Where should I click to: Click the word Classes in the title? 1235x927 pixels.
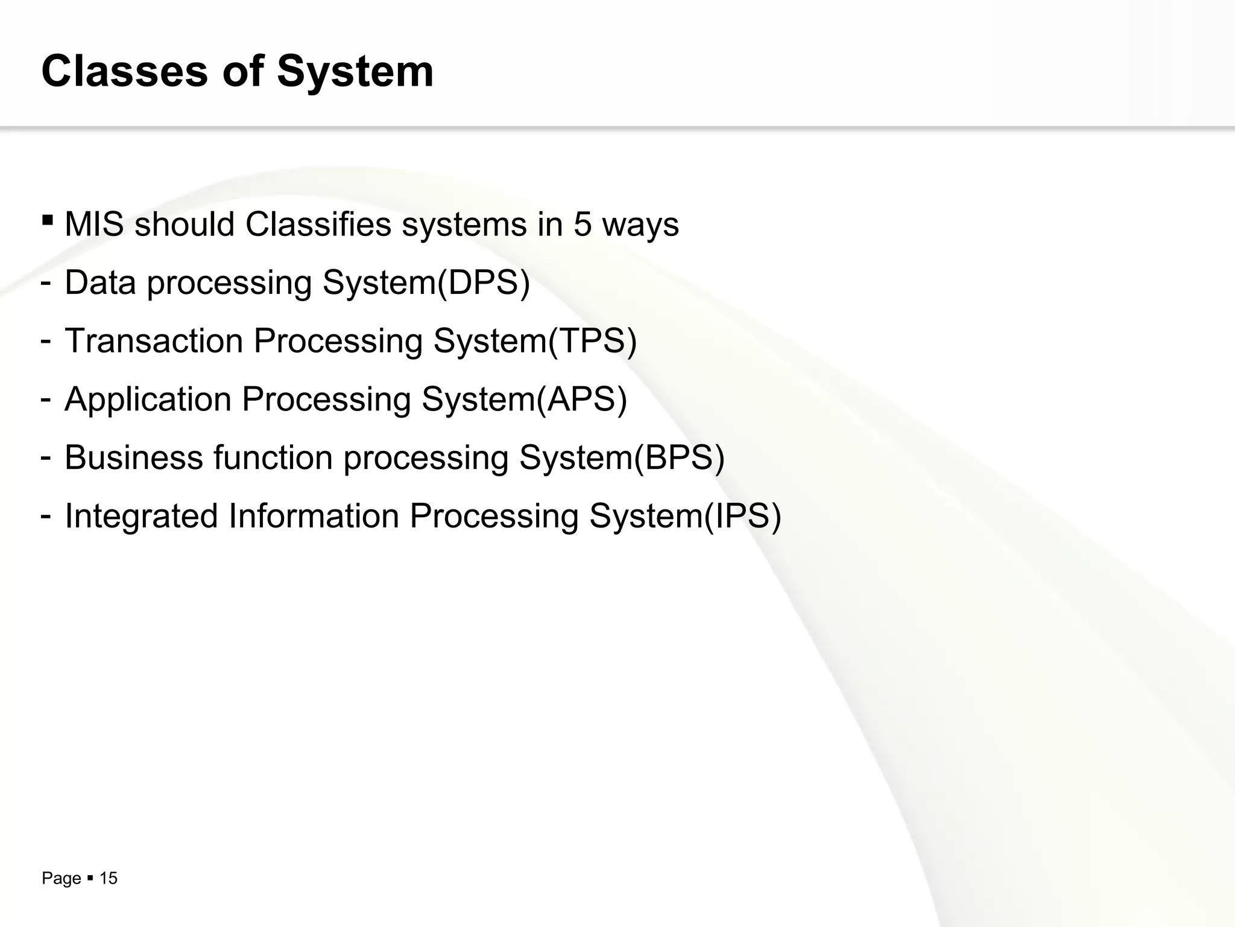click(125, 72)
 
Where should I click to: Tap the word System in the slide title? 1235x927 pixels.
click(355, 72)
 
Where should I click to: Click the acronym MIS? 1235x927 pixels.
click(94, 225)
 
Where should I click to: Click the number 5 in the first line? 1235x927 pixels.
click(583, 225)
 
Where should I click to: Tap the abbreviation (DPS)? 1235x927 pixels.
click(484, 282)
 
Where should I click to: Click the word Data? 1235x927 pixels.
click(100, 282)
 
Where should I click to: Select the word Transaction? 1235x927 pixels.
click(153, 340)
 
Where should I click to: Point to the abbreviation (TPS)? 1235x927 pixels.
click(592, 340)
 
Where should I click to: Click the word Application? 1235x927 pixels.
click(148, 399)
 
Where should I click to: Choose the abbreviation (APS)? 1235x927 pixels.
click(581, 399)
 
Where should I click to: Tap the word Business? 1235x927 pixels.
click(133, 457)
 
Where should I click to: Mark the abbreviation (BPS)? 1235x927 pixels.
click(679, 457)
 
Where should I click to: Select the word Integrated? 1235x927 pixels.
click(141, 516)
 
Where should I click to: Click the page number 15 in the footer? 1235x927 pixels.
click(108, 878)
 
